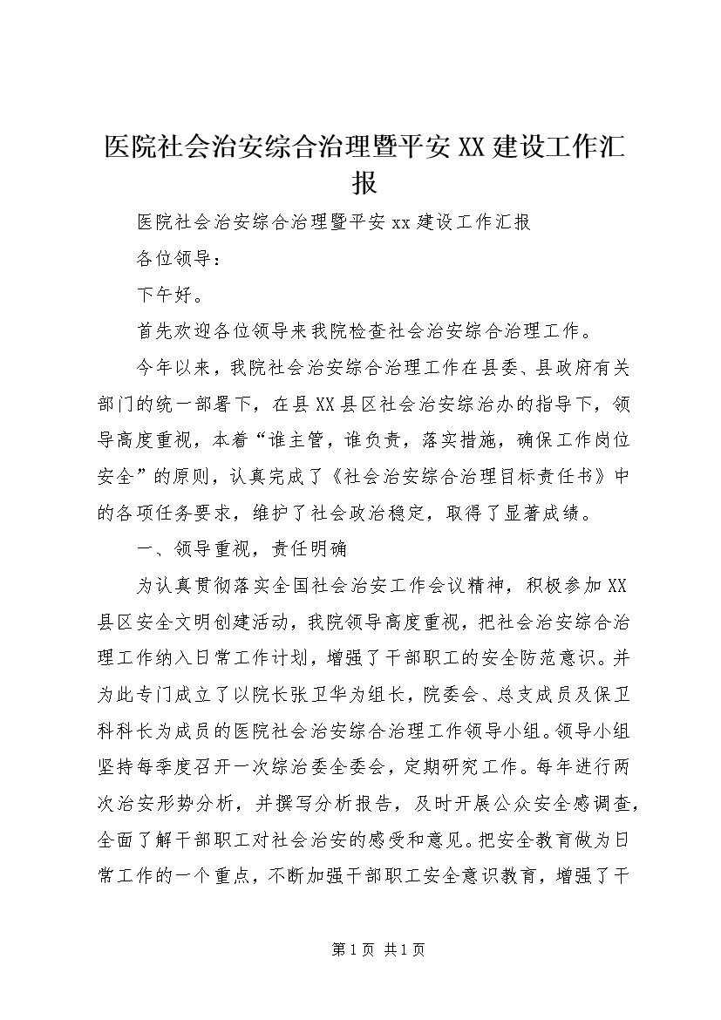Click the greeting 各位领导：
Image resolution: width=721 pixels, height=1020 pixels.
(173, 259)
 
